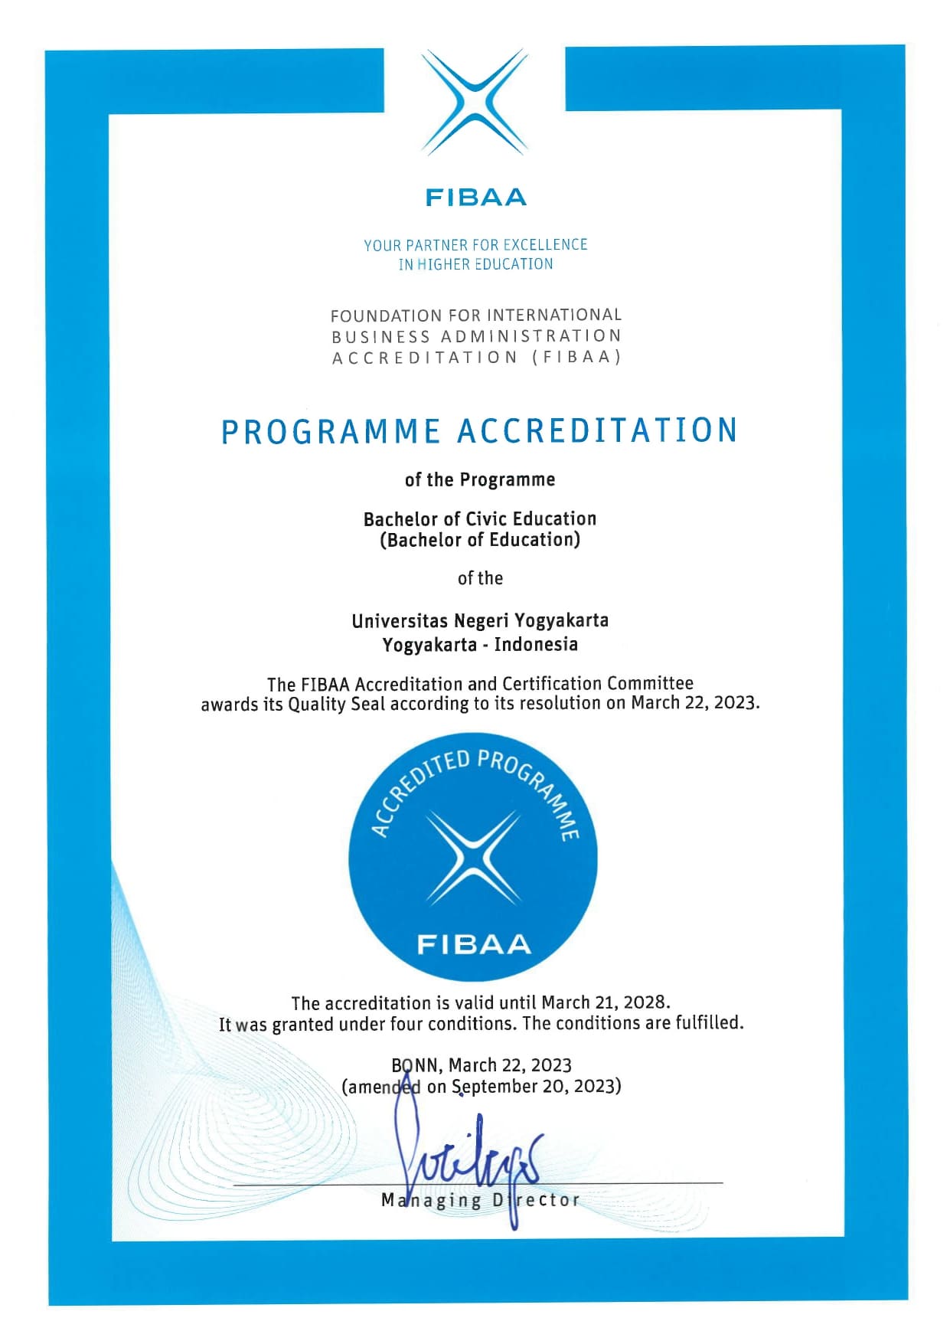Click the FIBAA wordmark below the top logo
[x=475, y=198]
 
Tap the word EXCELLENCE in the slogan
[x=545, y=245]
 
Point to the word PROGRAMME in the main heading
[x=331, y=432]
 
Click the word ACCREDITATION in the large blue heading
[x=597, y=431]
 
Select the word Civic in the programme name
[x=482, y=519]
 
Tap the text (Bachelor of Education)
[x=480, y=540]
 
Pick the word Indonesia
[x=536, y=644]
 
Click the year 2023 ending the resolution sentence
[x=736, y=703]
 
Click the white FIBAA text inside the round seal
[x=474, y=945]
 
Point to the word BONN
[x=415, y=1066]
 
